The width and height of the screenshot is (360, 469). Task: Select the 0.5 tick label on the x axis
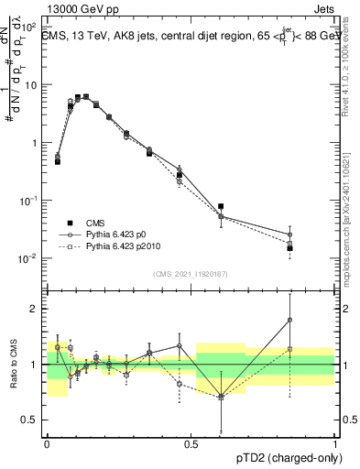click(x=191, y=442)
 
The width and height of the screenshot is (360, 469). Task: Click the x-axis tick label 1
click(x=334, y=442)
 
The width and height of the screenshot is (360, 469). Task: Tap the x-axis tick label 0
click(x=47, y=442)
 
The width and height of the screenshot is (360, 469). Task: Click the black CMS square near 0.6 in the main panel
click(x=221, y=207)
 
